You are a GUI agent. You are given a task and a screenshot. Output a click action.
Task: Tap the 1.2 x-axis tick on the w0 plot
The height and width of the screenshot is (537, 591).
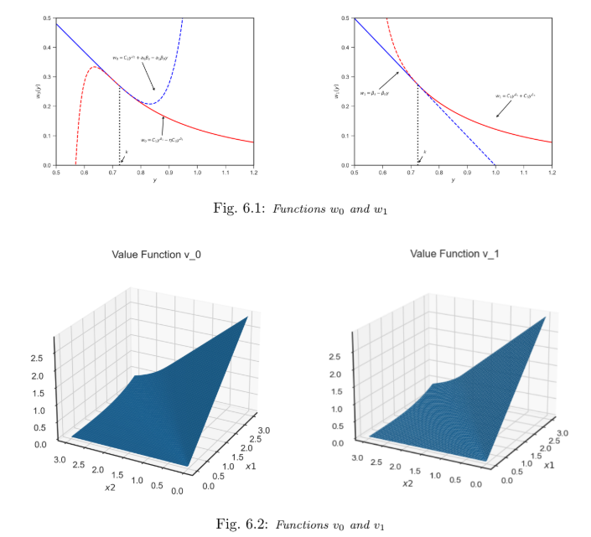[x=253, y=172]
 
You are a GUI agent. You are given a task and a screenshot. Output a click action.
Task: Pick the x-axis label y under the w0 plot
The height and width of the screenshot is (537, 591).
[x=154, y=180]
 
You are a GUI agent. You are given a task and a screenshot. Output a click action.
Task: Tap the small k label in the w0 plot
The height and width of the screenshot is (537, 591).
[x=127, y=152]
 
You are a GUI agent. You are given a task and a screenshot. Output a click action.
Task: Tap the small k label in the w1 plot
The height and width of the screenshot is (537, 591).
[x=425, y=152]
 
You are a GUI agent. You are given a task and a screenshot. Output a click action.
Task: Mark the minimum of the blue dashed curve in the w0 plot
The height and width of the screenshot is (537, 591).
[x=148, y=103]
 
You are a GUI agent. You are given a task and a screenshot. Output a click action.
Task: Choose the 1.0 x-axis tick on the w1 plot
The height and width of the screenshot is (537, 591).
[x=495, y=172]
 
